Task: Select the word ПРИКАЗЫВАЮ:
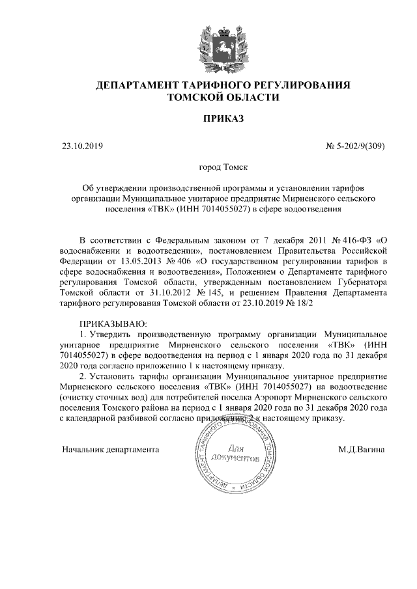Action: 114,323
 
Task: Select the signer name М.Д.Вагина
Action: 361,449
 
